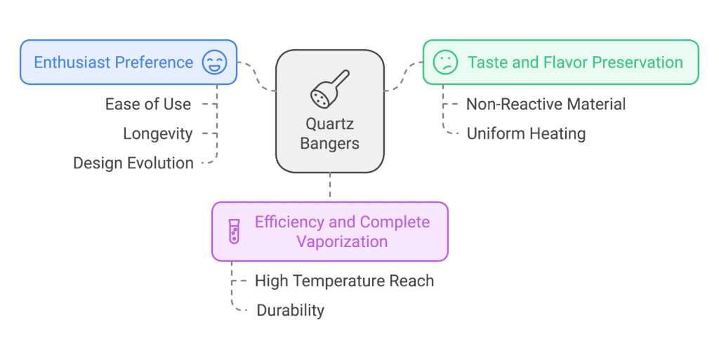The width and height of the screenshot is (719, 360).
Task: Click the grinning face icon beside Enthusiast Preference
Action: point(215,62)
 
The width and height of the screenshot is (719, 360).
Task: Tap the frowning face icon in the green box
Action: point(445,62)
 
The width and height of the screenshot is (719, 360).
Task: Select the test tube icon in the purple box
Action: point(235,232)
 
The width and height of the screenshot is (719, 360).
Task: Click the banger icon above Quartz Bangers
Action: point(330,89)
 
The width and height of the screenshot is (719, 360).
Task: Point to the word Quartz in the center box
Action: point(330,124)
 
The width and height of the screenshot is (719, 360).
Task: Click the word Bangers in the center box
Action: point(330,143)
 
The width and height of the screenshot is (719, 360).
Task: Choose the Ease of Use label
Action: point(148,104)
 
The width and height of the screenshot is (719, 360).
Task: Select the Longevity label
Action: point(158,134)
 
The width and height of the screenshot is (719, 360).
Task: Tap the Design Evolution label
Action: point(133,163)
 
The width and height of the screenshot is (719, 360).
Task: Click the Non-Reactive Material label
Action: point(546,104)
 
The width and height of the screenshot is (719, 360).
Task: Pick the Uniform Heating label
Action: point(526,134)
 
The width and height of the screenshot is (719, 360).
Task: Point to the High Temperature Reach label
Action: point(344,281)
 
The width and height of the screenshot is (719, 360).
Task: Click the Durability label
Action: point(290,310)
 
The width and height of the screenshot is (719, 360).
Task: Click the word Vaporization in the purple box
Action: point(342,241)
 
